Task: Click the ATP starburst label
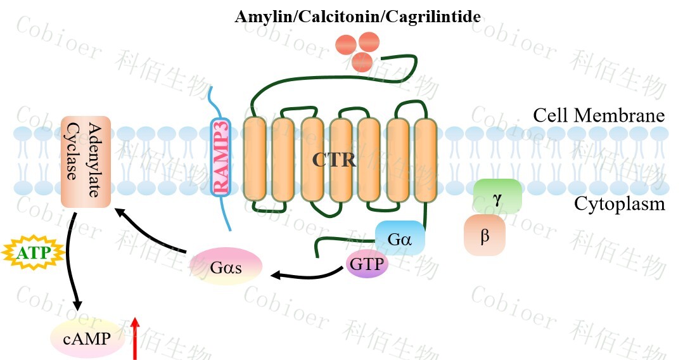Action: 33,254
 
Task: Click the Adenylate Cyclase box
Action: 86,161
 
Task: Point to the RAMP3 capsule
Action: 220,157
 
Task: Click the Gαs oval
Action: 226,266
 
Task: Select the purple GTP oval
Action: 367,264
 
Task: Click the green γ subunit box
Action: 497,196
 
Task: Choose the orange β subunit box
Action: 485,235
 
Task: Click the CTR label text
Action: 334,159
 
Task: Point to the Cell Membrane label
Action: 598,116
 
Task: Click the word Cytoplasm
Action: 619,204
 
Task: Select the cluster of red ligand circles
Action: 355,49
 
